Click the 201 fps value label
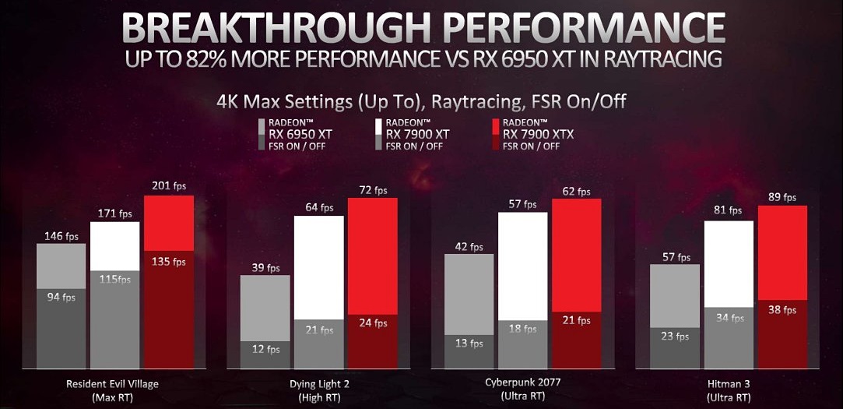(x=169, y=186)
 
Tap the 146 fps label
(x=61, y=235)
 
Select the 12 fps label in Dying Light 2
(x=265, y=350)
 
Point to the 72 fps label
(x=372, y=189)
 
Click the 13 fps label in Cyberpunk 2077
(x=469, y=344)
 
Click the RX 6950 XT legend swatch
(x=263, y=134)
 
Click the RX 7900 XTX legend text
(x=538, y=134)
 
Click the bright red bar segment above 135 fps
(x=169, y=223)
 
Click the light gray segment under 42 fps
(x=469, y=294)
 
